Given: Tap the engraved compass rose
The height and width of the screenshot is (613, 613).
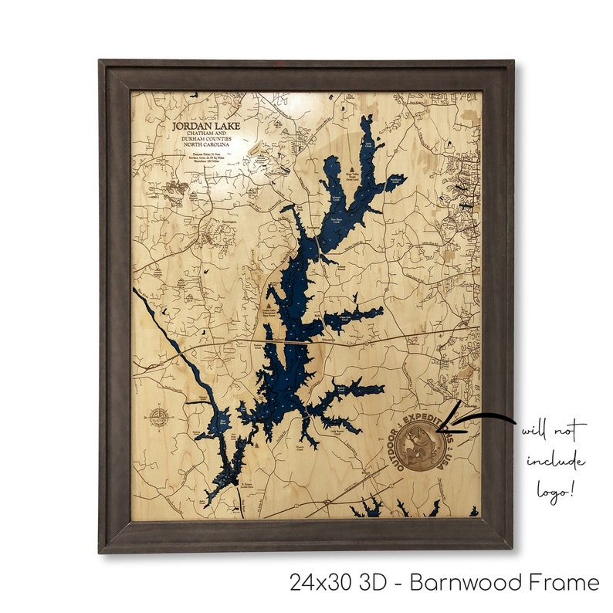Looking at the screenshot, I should (x=159, y=420).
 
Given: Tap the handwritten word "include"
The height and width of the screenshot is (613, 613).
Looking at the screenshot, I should (x=556, y=462).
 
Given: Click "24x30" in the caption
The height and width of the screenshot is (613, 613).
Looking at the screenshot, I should (x=319, y=582).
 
